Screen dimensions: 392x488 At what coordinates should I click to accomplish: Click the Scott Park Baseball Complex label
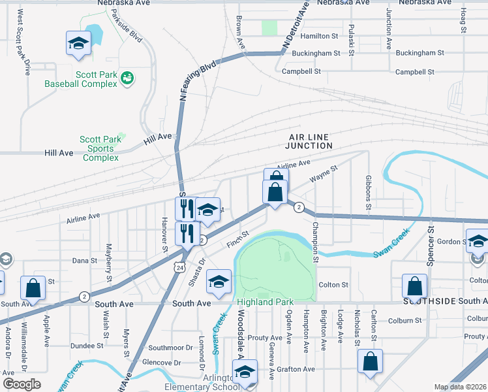[x=81, y=79]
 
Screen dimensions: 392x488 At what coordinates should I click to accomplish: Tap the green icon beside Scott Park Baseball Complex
[x=127, y=78]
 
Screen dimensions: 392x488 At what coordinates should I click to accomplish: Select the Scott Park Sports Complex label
[x=100, y=148]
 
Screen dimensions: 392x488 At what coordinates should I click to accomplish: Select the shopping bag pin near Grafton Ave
[x=370, y=363]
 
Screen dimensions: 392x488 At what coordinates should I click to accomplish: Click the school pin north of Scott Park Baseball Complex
[x=78, y=44]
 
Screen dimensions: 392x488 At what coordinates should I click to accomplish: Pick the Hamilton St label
[x=320, y=37]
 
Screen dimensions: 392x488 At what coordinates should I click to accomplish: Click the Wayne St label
[x=324, y=174]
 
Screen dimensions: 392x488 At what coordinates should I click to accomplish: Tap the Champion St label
[x=315, y=242]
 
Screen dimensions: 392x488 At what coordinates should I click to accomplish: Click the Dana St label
[x=84, y=260]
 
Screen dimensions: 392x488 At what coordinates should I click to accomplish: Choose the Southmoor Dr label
[x=171, y=348]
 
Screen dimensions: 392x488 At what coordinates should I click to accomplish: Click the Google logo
[x=22, y=384]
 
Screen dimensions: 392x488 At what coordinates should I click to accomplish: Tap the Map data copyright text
[x=459, y=387]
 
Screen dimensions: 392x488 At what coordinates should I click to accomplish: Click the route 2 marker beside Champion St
[x=298, y=207]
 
